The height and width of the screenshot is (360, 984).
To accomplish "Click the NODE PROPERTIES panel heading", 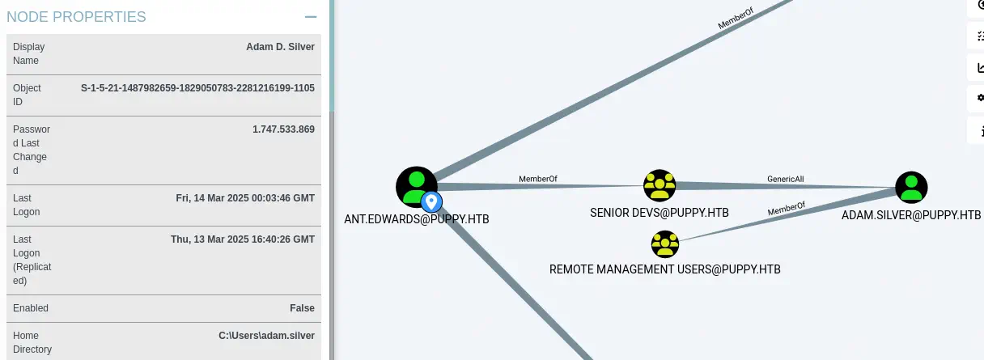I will [x=76, y=16].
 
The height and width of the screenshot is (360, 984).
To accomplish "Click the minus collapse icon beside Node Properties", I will [x=310, y=16].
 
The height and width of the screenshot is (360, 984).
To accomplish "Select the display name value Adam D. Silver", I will [x=280, y=47].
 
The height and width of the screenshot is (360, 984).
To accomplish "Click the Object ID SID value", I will [x=197, y=87].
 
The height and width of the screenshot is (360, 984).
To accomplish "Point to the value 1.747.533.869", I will [x=283, y=129].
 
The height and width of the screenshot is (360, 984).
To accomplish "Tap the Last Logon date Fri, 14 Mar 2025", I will [x=245, y=198].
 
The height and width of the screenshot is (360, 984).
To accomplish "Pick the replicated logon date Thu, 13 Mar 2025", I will [x=243, y=239].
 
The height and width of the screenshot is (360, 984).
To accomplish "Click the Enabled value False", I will [x=302, y=308].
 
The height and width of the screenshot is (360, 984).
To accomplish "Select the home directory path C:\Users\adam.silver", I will [x=266, y=336].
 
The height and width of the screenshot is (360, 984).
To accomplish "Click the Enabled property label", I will [x=31, y=308].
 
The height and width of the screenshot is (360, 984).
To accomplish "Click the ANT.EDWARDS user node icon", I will [x=416, y=187].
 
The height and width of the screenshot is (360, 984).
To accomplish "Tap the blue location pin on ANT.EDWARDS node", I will [x=432, y=201].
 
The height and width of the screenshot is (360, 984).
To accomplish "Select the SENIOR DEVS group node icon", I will [x=660, y=186].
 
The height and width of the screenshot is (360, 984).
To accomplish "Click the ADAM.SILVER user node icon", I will [x=911, y=187].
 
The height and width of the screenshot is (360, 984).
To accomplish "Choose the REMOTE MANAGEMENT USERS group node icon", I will [x=664, y=244].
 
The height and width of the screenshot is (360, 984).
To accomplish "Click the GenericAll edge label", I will [x=785, y=179].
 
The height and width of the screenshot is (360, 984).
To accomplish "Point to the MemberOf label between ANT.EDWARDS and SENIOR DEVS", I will [x=538, y=179].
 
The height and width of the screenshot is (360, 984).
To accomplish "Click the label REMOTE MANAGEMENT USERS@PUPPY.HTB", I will [x=664, y=269].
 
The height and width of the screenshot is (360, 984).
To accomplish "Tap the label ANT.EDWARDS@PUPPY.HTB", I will [x=417, y=219].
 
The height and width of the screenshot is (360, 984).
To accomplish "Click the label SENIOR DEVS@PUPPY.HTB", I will [x=660, y=213].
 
